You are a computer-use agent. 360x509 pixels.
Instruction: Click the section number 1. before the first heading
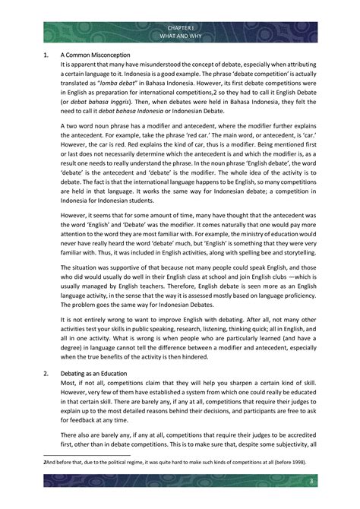coord(46,55)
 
